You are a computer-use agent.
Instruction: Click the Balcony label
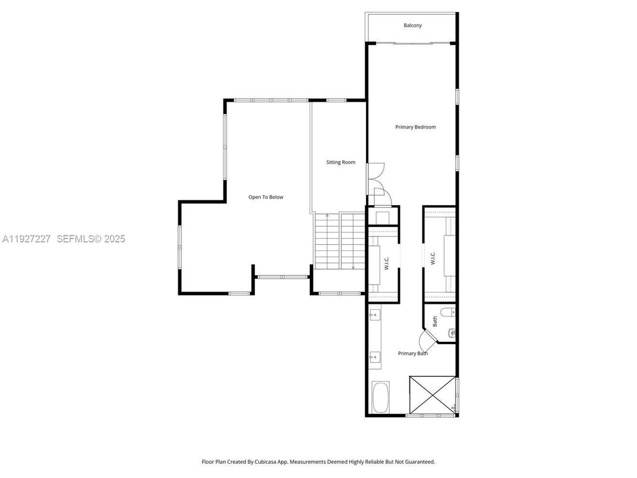[x=412, y=26]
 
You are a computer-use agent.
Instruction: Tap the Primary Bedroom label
[x=415, y=127]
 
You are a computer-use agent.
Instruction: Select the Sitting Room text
[x=340, y=162]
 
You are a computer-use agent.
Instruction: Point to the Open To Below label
[x=266, y=197]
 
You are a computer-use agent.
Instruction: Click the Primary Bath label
[x=412, y=354]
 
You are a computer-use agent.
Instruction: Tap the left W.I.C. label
[x=386, y=263]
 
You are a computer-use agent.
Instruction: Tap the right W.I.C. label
[x=433, y=259]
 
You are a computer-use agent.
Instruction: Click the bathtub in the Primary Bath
[x=380, y=398]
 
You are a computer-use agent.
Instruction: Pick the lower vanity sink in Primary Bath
[x=374, y=357]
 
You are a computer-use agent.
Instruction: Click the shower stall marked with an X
[x=432, y=394]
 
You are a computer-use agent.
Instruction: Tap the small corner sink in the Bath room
[x=452, y=333]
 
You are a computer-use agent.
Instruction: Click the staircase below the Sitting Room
[x=339, y=240]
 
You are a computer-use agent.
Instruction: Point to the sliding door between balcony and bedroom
[x=412, y=43]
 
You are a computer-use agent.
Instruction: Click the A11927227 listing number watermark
[x=27, y=239]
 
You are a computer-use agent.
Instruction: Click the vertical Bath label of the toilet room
[x=435, y=322]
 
